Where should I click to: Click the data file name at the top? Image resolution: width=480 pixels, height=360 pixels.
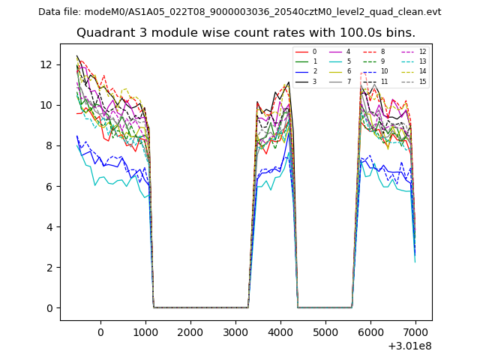(239, 11)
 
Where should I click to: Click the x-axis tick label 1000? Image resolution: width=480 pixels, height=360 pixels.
(145, 332)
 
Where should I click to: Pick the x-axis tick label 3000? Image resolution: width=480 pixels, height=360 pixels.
(235, 332)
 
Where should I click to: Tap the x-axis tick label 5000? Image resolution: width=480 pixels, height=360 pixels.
(325, 332)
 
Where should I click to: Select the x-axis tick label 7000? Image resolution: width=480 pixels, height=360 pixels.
(415, 332)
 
